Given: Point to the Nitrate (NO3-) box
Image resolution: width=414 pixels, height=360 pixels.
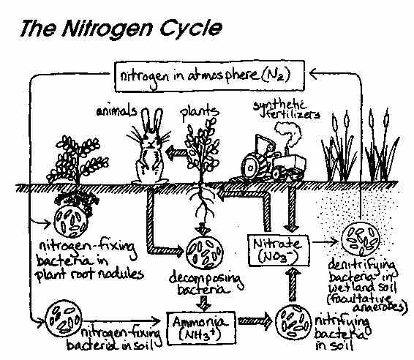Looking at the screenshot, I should (272, 249).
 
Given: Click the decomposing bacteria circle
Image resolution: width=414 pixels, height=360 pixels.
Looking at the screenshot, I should (204, 252).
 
